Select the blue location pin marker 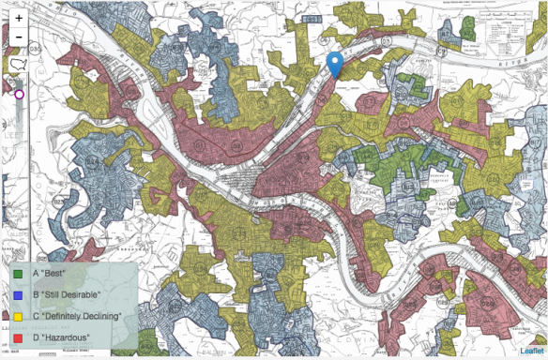point(334,65)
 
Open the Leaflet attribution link point(531,352)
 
